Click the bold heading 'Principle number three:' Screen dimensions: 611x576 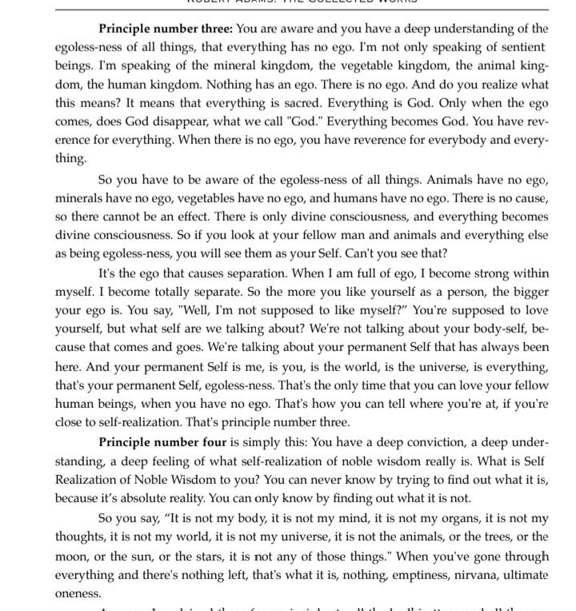[x=166, y=29]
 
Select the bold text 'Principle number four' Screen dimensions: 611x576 [x=162, y=442]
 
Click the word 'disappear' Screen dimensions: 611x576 [x=198, y=122]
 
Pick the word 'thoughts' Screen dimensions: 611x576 [x=82, y=537]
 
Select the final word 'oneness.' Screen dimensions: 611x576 [x=78, y=593]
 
